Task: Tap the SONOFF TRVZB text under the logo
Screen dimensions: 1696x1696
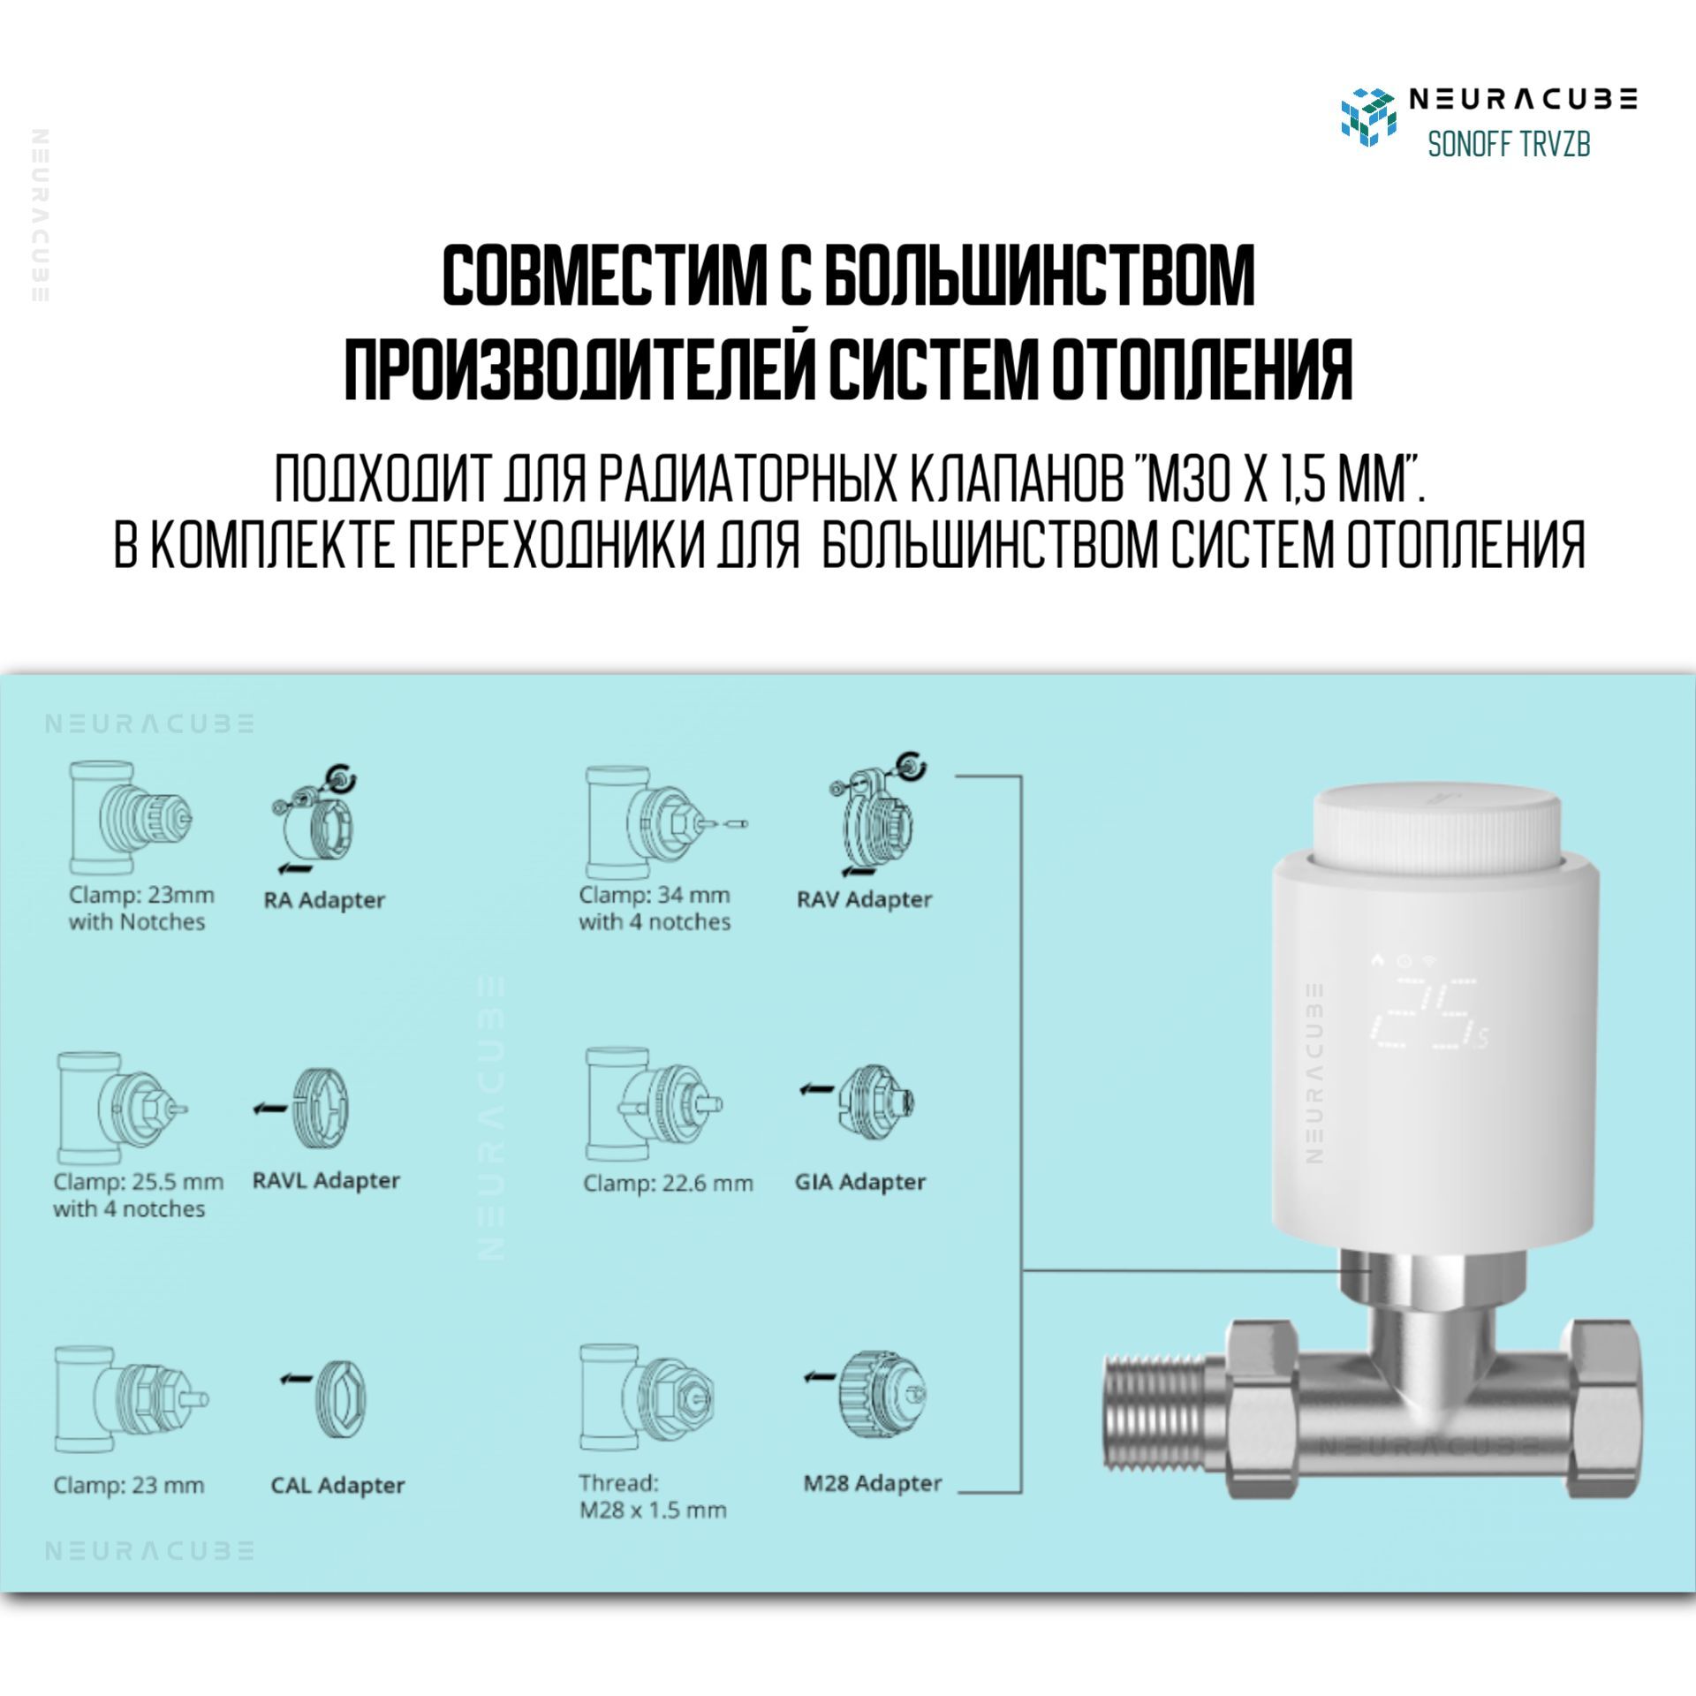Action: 1509,144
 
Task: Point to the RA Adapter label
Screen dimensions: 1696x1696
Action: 324,901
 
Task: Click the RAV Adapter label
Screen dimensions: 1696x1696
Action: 864,900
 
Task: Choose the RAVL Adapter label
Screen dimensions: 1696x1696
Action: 326,1181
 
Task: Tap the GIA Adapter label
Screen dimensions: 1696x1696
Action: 860,1182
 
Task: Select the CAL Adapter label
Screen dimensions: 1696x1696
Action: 337,1485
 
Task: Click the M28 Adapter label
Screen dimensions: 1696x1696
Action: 873,1484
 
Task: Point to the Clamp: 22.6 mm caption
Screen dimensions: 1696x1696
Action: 668,1184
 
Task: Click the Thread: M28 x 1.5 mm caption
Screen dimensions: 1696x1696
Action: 653,1497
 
